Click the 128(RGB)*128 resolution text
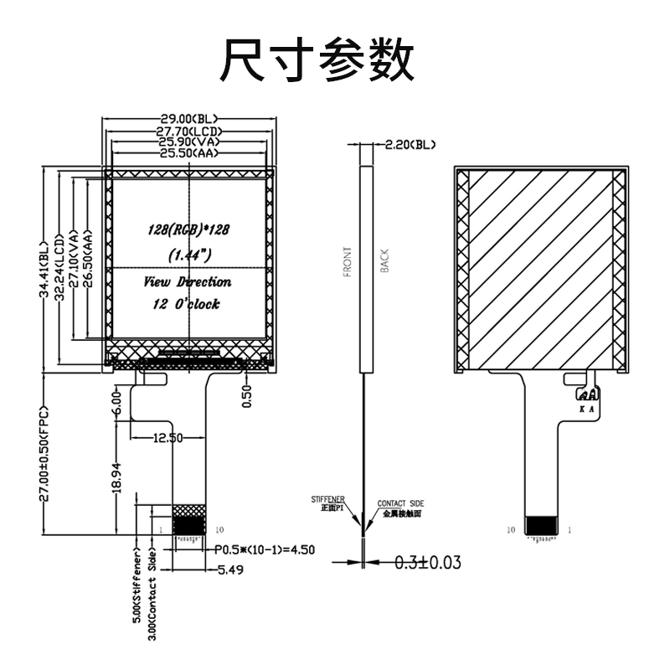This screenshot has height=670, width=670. [189, 229]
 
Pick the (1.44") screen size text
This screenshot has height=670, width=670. [189, 253]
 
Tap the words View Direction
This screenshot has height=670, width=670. [188, 282]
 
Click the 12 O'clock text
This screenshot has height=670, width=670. [187, 305]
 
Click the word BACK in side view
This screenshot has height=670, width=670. [384, 262]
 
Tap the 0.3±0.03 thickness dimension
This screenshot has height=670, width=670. [427, 561]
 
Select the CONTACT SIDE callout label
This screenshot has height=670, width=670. [400, 503]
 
